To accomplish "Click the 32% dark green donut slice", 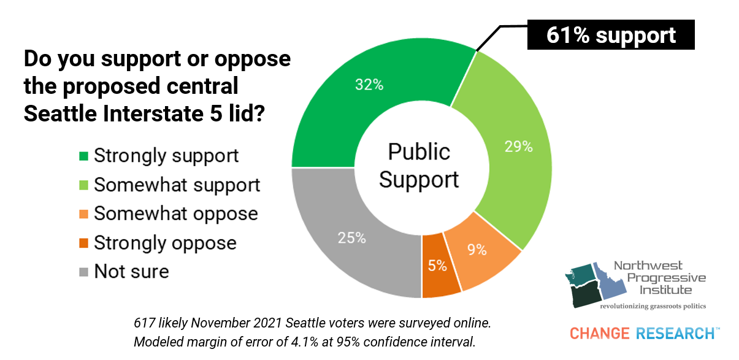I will click(x=368, y=86).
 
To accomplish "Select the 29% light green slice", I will click(x=518, y=147).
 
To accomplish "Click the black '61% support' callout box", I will click(x=611, y=35).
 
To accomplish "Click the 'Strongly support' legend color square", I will click(x=84, y=155).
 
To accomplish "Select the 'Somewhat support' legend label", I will click(x=177, y=185).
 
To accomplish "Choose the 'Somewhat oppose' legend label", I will click(x=175, y=213).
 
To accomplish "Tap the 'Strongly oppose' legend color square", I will click(x=84, y=242).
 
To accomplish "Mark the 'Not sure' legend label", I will click(x=131, y=271).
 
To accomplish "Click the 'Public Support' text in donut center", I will click(x=419, y=166).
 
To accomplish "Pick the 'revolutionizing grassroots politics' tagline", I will click(x=653, y=305).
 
